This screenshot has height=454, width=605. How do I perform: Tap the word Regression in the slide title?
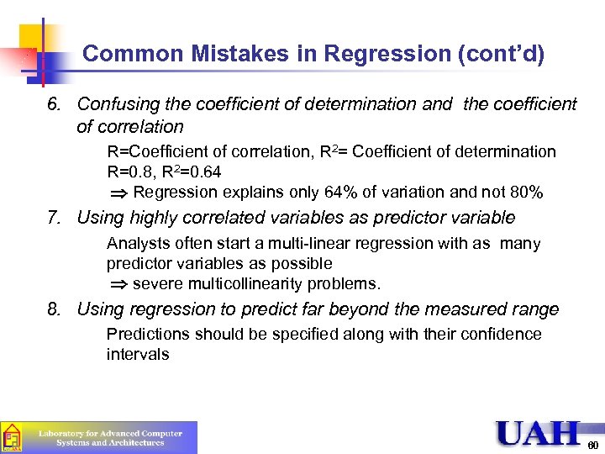point(376,55)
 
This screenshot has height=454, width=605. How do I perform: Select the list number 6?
point(52,104)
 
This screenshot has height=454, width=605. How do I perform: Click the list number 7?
point(52,219)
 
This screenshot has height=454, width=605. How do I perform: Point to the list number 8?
point(52,309)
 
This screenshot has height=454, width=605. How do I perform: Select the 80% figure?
point(527,193)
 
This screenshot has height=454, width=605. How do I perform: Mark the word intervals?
point(138,355)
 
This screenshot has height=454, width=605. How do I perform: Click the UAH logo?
point(538,433)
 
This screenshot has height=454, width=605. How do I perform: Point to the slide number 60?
point(592,445)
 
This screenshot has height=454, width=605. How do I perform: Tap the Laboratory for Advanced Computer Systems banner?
point(109,437)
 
